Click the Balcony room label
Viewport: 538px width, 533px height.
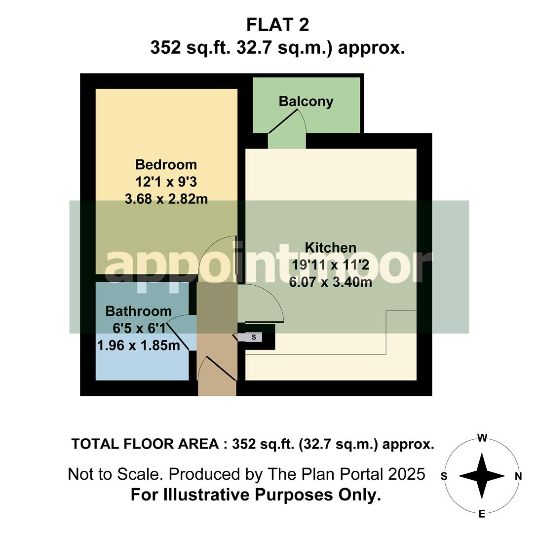[306, 102]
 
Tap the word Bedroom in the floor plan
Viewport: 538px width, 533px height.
[166, 164]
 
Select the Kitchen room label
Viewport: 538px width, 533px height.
[330, 247]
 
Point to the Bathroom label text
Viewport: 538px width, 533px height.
[139, 311]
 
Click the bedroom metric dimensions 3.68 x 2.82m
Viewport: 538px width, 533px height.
[166, 199]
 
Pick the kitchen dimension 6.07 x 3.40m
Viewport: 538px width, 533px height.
[331, 283]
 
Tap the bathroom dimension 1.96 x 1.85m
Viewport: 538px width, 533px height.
[139, 345]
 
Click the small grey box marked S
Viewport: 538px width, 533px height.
[254, 338]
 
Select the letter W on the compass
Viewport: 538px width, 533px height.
[482, 438]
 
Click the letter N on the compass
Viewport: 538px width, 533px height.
[518, 476]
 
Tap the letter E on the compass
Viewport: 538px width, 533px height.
[482, 515]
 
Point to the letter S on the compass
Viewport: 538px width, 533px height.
[444, 476]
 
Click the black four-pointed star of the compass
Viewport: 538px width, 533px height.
[482, 476]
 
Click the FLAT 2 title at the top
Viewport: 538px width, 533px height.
[277, 24]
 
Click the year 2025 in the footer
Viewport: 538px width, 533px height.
[406, 474]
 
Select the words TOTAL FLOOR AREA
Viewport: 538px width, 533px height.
[145, 444]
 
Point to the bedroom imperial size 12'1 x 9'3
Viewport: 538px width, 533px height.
[166, 182]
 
